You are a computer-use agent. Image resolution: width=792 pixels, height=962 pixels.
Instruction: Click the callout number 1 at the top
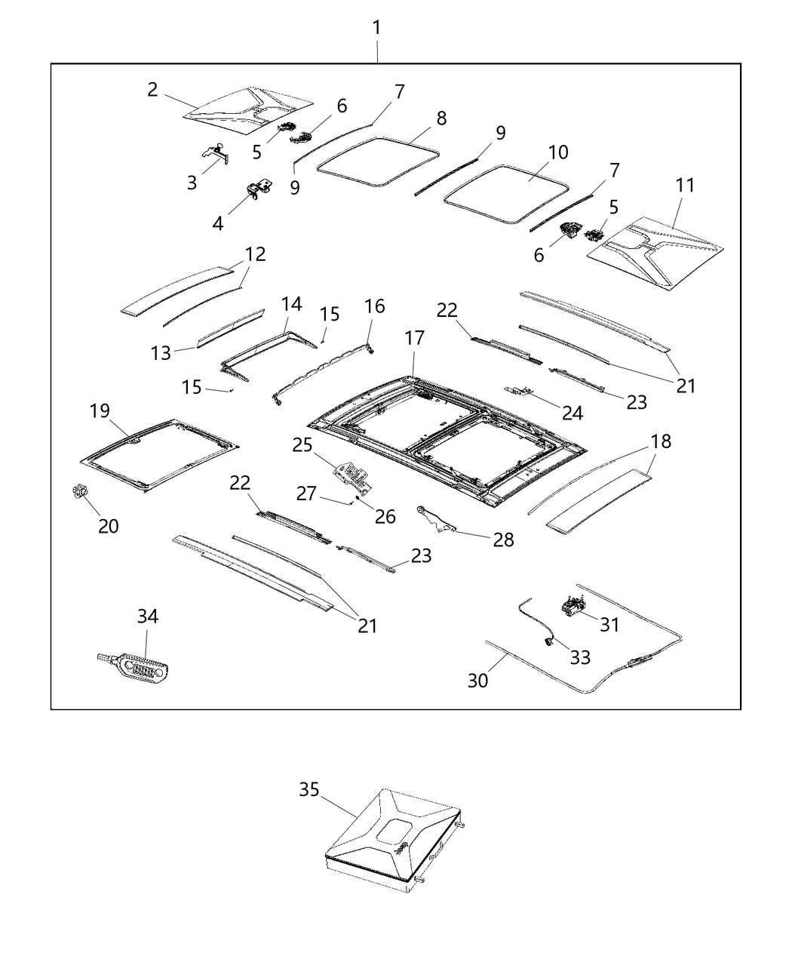(x=376, y=28)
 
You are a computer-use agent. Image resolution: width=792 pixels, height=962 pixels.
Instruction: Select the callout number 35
(x=309, y=789)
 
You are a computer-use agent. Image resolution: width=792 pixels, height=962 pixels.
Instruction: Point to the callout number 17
(x=414, y=338)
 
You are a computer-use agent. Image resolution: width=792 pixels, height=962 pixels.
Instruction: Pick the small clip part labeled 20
(x=78, y=492)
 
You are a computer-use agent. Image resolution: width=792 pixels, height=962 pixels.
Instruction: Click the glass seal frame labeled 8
(x=378, y=161)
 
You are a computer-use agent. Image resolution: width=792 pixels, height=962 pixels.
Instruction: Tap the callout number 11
(x=685, y=185)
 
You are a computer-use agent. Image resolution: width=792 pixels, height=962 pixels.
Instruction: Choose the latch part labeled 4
(x=259, y=191)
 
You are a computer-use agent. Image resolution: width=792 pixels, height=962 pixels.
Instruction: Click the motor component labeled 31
(x=574, y=604)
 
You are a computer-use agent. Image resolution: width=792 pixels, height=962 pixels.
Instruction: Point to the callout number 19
(x=100, y=411)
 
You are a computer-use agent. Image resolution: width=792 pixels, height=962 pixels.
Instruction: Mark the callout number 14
(x=291, y=304)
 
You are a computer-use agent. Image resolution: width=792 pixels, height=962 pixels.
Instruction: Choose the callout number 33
(x=579, y=657)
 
